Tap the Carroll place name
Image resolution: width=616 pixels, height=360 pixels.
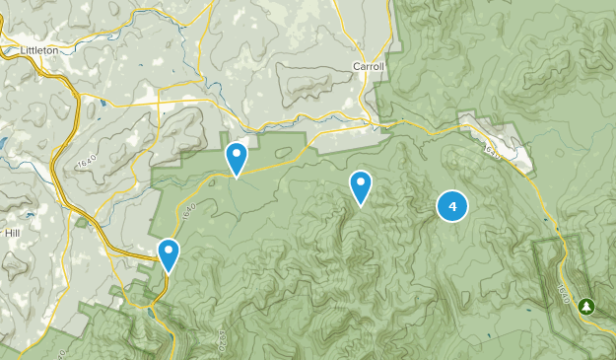368,67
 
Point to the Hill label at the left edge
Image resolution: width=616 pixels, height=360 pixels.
12,234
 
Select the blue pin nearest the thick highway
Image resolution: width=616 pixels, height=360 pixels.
169,254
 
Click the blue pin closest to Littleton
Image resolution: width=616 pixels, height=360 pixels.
237,157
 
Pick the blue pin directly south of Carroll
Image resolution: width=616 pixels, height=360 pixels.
361,185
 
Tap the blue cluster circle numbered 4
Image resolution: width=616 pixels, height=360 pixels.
451,206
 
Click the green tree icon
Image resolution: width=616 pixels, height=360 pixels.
587,307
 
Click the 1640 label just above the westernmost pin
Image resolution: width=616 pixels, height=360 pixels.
187,210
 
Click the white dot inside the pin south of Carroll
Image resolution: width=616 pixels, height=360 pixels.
361,180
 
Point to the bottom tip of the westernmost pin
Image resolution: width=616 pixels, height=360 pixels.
169,272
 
